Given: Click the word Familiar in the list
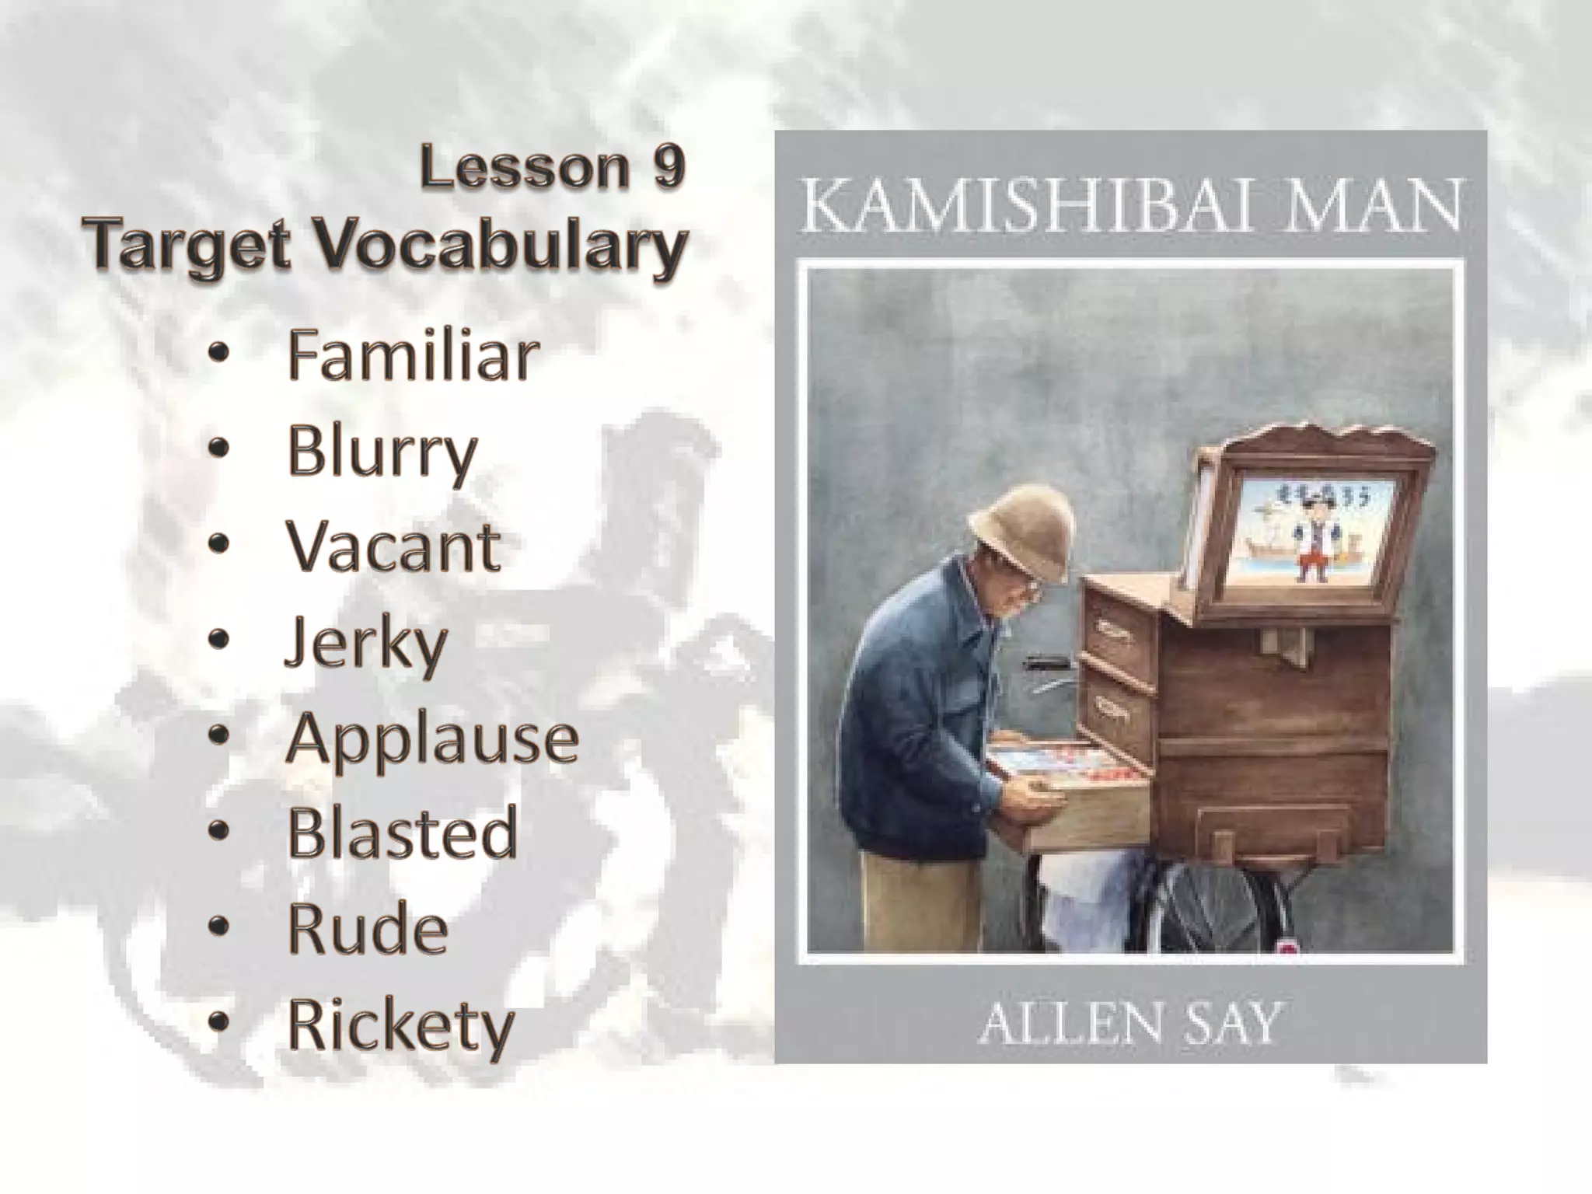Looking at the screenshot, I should click(413, 356).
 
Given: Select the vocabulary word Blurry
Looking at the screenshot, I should click(382, 452).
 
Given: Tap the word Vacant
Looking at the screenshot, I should click(393, 547).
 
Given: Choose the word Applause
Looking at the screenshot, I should click(432, 738).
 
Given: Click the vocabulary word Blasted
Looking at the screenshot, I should click(402, 833).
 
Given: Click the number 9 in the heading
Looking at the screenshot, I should click(669, 167).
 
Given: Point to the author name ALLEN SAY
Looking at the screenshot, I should click(1129, 1025).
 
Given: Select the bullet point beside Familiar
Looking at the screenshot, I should click(220, 354).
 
